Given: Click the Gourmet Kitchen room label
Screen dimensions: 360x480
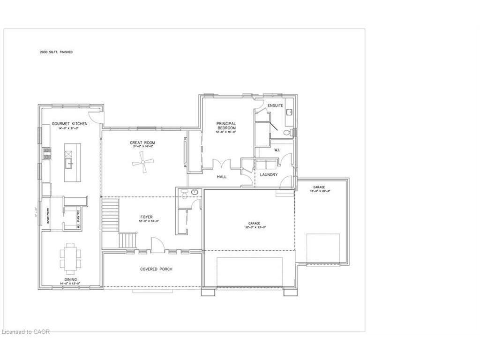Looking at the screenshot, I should pos(69,123).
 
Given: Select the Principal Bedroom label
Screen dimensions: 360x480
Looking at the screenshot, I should pos(226,126).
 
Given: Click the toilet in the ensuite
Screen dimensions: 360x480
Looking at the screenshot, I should pos(289,133).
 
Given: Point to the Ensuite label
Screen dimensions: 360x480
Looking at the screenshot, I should pos(275,105).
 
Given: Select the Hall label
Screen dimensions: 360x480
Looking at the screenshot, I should pos(222,177).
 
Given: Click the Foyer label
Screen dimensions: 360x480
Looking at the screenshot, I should pos(146,217).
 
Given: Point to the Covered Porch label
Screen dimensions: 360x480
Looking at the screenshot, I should pos(156,269).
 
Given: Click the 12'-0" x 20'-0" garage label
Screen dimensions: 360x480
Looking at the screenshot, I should pos(322,187).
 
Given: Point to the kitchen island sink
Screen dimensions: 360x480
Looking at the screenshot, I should pos(68,164).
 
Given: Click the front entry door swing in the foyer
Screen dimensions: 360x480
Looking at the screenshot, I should pos(157,245).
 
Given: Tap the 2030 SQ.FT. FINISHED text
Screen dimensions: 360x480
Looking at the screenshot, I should pos(56,52).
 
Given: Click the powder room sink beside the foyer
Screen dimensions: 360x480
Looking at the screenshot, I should pos(194,193).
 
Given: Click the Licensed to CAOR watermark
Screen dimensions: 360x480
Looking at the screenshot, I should pos(26,332).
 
